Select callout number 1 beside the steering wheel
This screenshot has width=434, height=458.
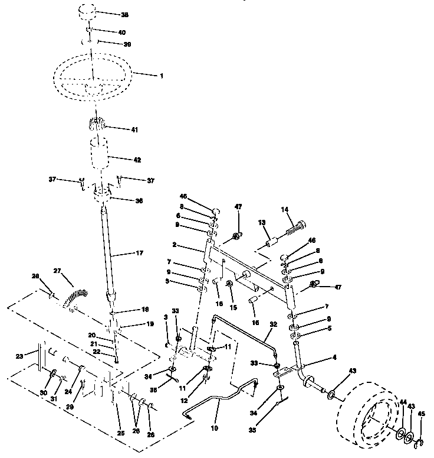[145, 76]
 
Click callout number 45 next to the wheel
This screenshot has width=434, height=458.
[420, 414]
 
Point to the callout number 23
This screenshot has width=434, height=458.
[19, 356]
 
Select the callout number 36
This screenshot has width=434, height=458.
[139, 200]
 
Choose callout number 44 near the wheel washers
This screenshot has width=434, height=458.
[403, 402]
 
